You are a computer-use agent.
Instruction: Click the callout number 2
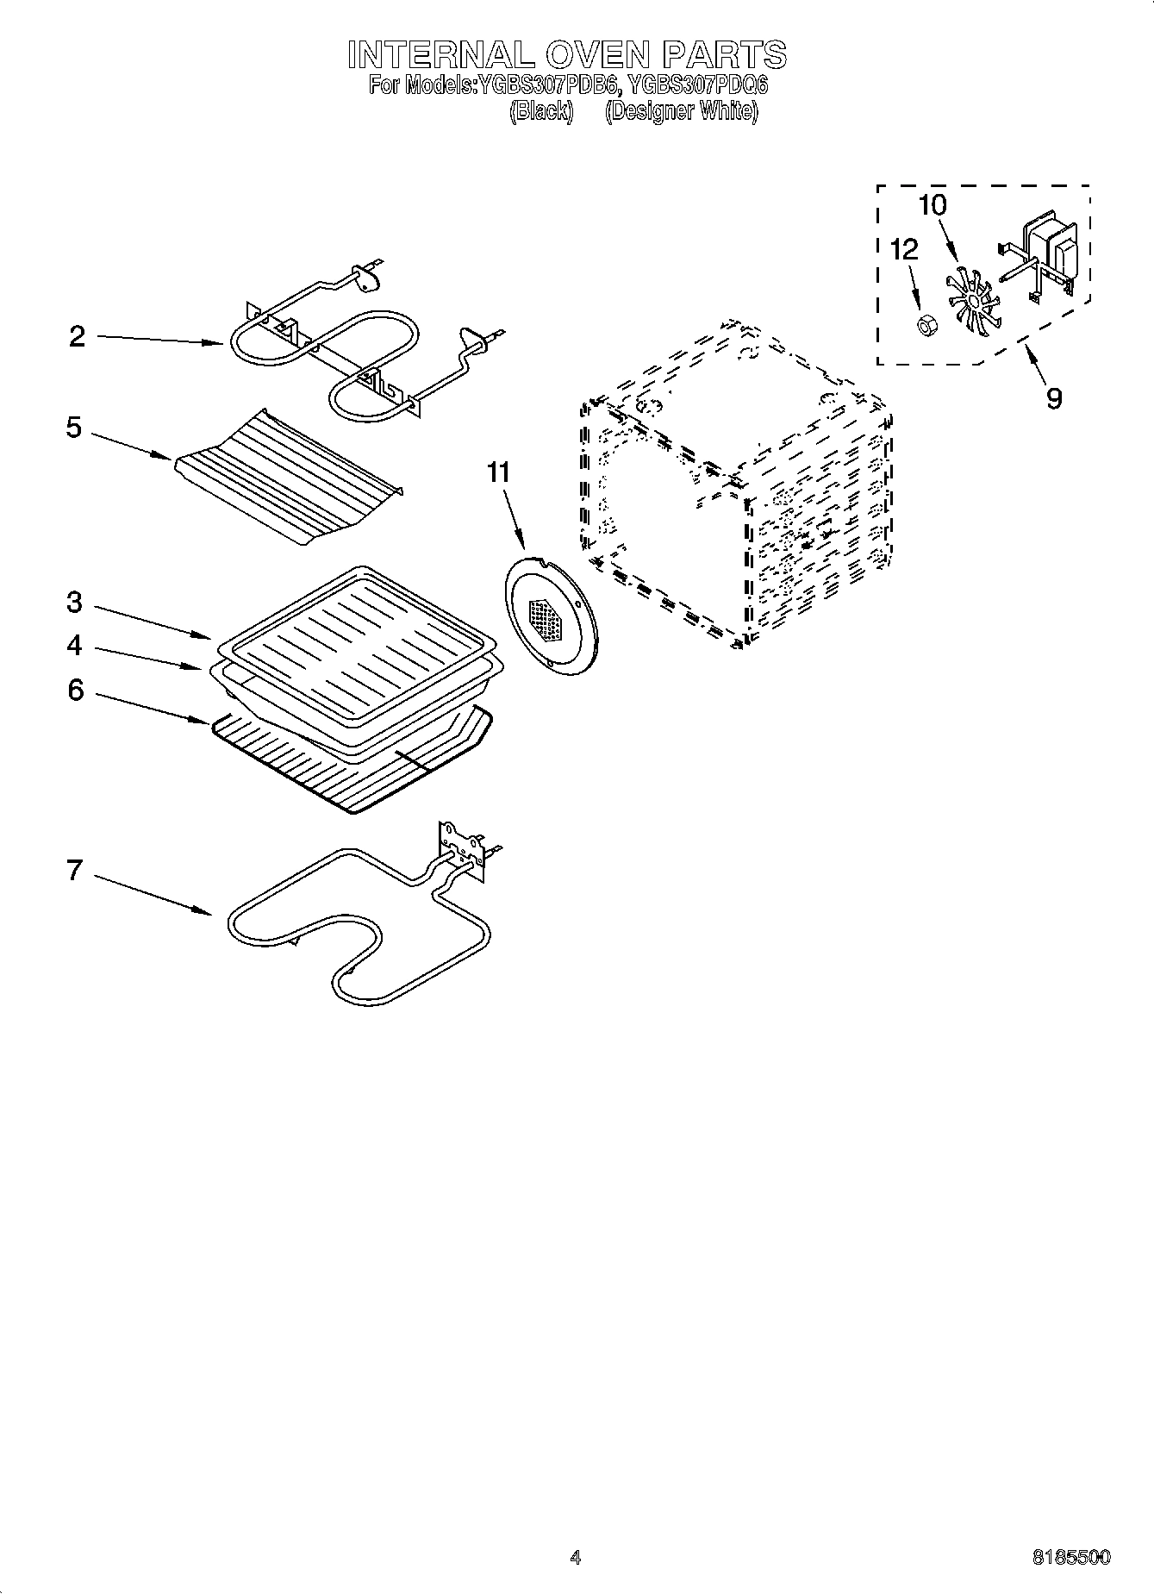78,336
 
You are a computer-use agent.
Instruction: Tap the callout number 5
75,428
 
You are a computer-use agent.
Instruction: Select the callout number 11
498,472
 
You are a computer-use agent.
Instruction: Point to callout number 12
904,250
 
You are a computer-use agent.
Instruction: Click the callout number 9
1054,398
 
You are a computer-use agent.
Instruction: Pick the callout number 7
75,871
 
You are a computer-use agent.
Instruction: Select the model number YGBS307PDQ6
697,86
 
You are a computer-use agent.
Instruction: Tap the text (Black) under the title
541,111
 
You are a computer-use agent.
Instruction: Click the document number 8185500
1071,1557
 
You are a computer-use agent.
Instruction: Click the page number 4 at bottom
576,1557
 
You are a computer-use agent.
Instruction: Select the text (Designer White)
681,111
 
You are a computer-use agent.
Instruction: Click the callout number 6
76,690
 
